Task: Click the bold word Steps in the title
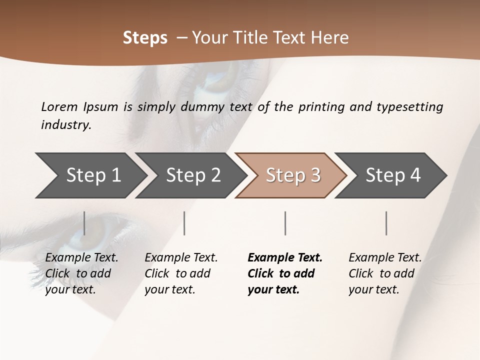(x=145, y=38)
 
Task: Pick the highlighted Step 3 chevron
(x=293, y=175)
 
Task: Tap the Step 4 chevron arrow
(x=393, y=175)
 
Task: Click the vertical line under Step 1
(x=84, y=223)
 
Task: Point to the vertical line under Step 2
(x=184, y=223)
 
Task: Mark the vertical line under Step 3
(x=285, y=223)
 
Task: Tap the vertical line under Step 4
(x=386, y=223)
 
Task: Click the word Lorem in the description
(x=59, y=107)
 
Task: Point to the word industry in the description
(x=66, y=125)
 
